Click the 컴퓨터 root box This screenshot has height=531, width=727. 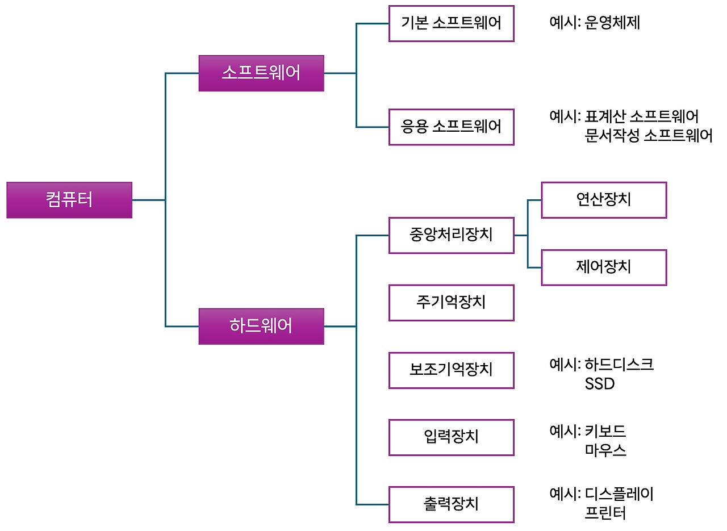(69, 200)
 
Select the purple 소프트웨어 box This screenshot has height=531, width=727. (261, 73)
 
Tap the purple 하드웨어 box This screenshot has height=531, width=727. (261, 327)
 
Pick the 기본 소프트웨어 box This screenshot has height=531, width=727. (452, 24)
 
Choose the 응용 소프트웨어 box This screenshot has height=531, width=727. (452, 127)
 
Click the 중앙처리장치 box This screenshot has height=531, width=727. (452, 235)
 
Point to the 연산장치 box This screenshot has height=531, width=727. (604, 200)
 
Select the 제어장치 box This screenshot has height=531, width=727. (604, 267)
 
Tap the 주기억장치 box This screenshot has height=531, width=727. (452, 303)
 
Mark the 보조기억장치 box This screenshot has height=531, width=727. (452, 370)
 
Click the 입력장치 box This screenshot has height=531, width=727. (452, 437)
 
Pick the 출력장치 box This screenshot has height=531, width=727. (452, 504)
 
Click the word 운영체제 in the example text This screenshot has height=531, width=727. (612, 23)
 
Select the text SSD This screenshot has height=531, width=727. (600, 384)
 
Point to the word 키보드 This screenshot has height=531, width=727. (605, 431)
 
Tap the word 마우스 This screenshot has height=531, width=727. (605, 451)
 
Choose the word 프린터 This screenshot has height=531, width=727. (605, 514)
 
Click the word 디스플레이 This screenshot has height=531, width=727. (620, 494)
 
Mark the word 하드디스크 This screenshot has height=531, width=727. (620, 365)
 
